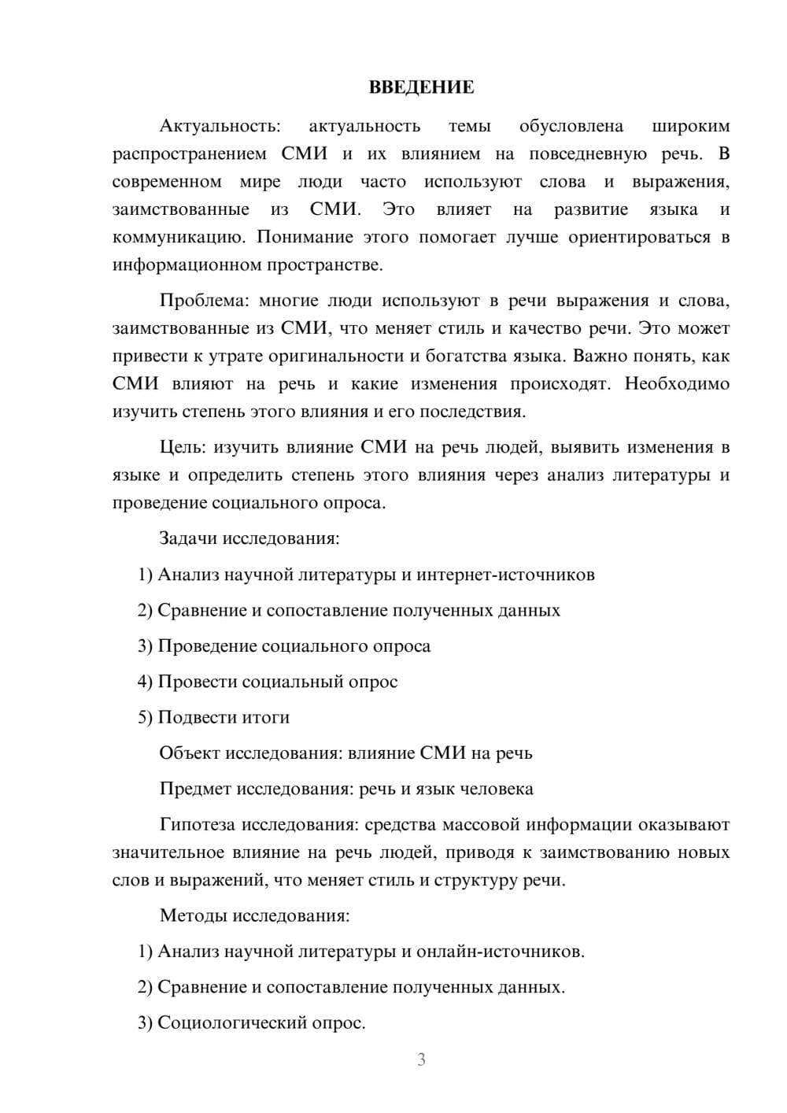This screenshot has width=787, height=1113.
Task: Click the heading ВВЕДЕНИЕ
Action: [x=421, y=87]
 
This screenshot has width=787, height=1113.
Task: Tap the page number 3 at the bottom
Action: [x=421, y=1059]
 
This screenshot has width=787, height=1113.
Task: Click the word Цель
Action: [x=182, y=447]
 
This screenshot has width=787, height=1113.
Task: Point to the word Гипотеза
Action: [x=197, y=824]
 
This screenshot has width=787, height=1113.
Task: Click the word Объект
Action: [x=190, y=753]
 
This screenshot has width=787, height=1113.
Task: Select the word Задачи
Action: [x=188, y=538]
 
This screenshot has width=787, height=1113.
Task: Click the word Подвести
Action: [x=196, y=717]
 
